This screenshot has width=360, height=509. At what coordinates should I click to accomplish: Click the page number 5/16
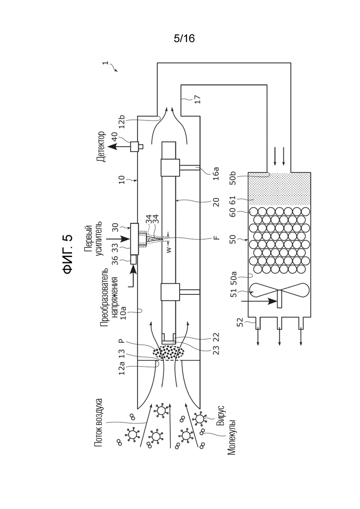pos(184,39)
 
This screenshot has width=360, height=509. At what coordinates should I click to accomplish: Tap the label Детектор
pos(101,147)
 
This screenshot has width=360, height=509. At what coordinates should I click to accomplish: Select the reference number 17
pos(198,99)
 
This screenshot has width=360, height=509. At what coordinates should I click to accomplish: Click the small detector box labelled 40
pos(136,147)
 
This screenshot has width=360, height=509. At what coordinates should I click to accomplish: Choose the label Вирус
pos(221,415)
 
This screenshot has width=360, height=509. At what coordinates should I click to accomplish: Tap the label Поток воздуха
pos(99,422)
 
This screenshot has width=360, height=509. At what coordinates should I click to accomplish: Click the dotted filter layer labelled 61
pos(279,189)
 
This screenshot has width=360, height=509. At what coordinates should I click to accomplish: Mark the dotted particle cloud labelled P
pos(168,353)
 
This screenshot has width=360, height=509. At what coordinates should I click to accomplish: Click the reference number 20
pos(216,202)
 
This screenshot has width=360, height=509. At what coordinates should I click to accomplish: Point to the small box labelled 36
pos(133,260)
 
